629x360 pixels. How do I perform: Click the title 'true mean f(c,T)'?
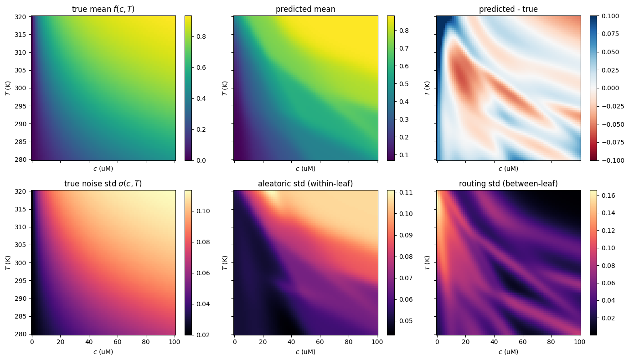click(x=103, y=9)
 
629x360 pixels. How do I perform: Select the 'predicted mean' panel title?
click(x=305, y=9)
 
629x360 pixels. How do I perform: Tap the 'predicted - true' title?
click(x=508, y=9)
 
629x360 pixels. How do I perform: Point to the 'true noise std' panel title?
click(x=103, y=184)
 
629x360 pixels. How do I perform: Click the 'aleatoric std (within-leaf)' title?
click(x=305, y=184)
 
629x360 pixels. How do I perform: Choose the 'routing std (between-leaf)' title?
click(x=508, y=184)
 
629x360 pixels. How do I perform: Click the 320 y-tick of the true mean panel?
click(x=20, y=17)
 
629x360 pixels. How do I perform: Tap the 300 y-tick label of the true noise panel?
click(x=20, y=263)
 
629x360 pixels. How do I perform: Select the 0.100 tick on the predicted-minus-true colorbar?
click(x=610, y=16)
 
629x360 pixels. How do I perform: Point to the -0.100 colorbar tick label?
click(x=613, y=160)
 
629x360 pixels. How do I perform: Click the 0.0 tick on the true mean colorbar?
click(x=201, y=160)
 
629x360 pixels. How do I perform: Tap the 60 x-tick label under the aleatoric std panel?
click(x=320, y=342)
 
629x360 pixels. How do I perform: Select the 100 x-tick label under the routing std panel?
click(x=580, y=342)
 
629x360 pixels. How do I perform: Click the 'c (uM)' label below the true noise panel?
click(x=103, y=352)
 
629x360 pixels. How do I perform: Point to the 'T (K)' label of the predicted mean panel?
click(x=225, y=88)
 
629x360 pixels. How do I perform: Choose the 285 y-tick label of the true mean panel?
click(x=20, y=142)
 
